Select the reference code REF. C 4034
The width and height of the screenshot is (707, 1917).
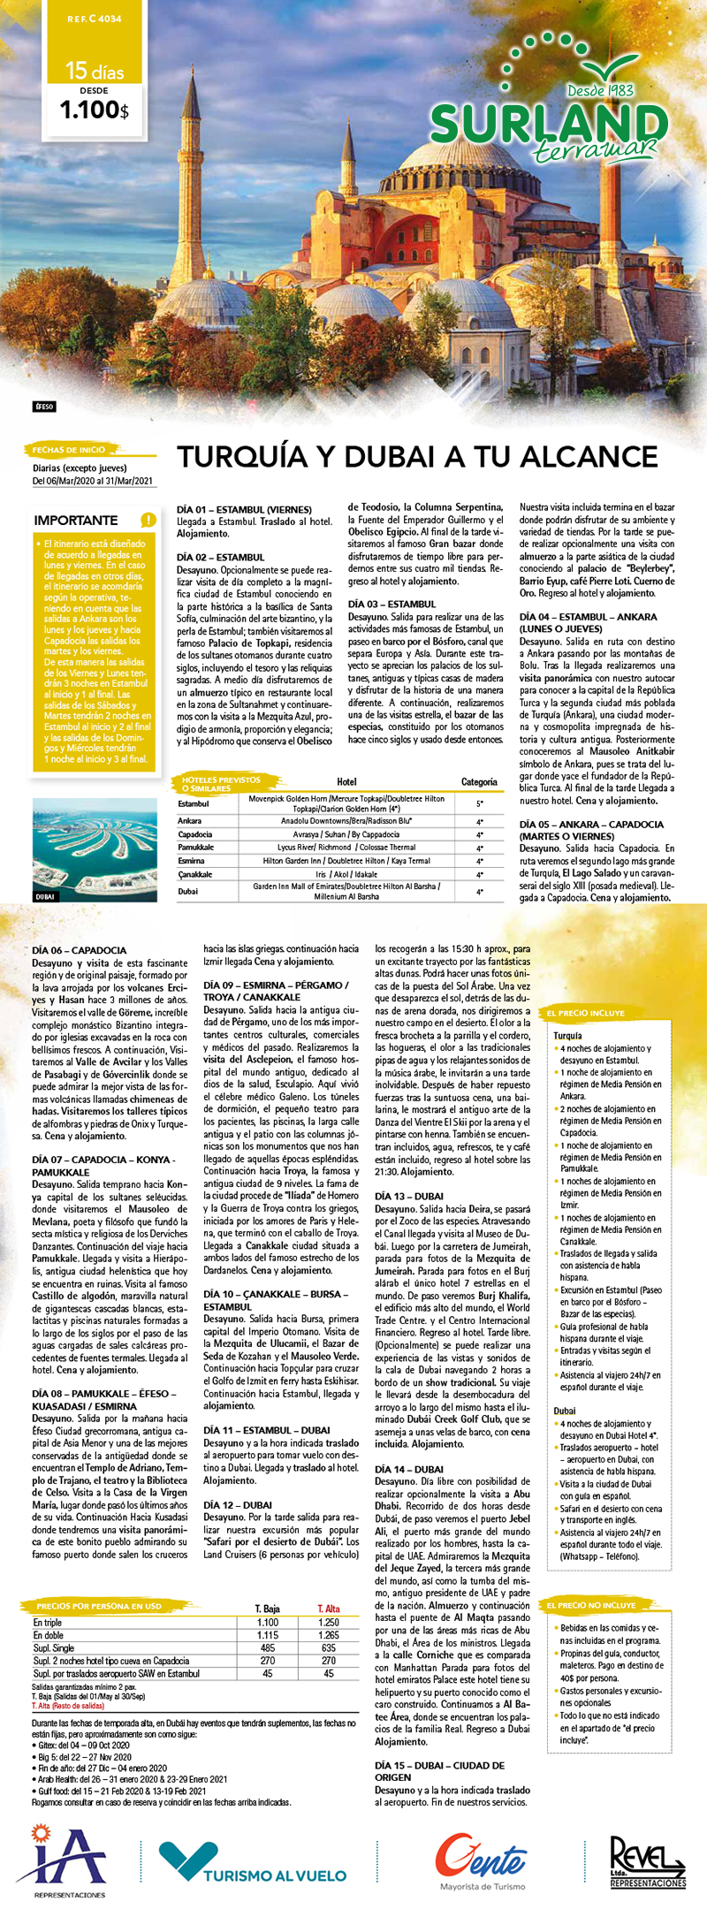click(x=95, y=19)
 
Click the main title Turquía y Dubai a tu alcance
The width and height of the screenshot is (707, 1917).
click(x=417, y=457)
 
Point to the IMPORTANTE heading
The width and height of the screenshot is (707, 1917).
click(x=75, y=521)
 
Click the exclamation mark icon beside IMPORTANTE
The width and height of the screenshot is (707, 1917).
click(x=148, y=520)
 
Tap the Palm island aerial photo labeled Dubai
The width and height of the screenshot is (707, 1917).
click(x=95, y=849)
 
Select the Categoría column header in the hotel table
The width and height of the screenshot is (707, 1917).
click(x=479, y=782)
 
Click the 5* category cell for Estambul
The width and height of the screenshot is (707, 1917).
click(x=479, y=803)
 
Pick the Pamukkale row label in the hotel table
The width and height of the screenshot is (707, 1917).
click(x=195, y=848)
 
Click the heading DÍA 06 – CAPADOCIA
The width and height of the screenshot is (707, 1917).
click(x=79, y=950)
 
